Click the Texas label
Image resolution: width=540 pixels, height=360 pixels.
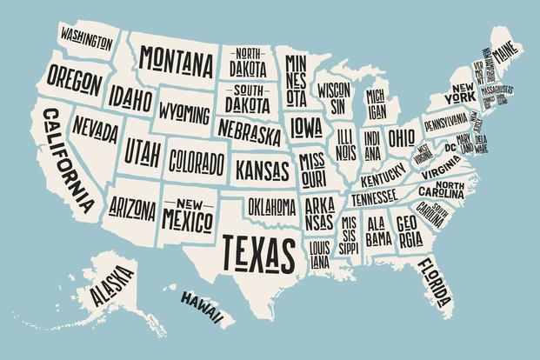[257, 250]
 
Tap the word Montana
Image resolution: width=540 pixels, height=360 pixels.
[177, 61]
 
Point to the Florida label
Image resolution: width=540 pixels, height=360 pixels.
[433, 280]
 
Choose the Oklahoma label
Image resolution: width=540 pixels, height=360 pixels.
[271, 206]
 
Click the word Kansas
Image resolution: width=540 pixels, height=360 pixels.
[263, 165]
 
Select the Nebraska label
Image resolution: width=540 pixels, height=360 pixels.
[250, 133]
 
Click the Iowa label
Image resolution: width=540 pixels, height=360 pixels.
[306, 128]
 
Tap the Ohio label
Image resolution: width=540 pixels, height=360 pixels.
[401, 137]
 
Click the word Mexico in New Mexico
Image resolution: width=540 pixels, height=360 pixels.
[188, 213]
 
